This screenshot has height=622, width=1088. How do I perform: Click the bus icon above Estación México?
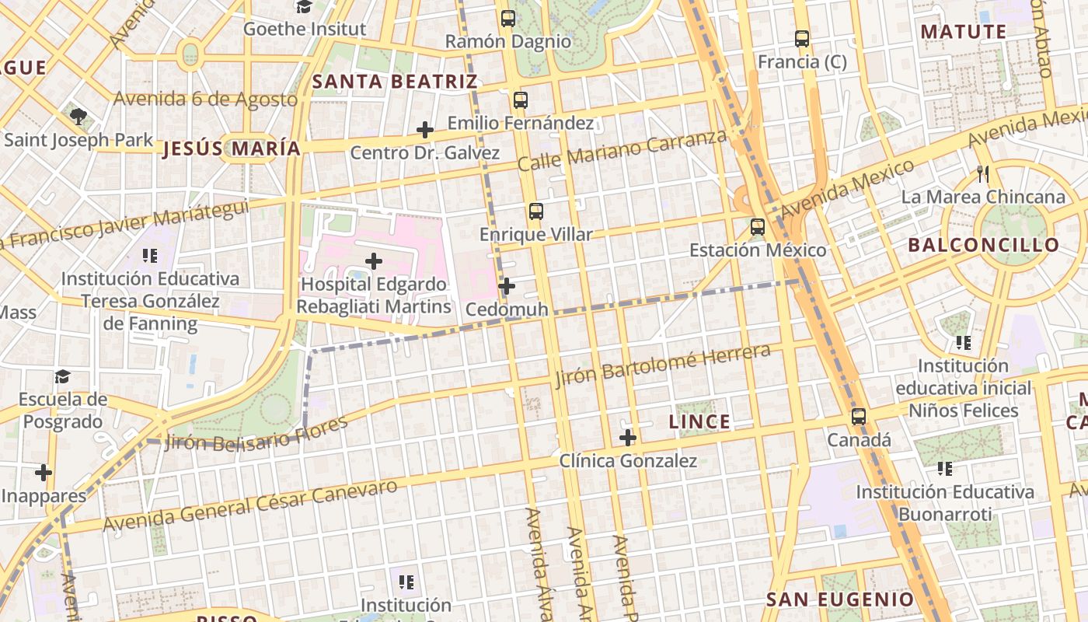[758, 227]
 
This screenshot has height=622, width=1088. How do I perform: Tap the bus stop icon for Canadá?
[859, 417]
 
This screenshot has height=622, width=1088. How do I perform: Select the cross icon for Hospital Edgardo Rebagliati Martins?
[374, 261]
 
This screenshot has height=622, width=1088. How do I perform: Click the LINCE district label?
[699, 422]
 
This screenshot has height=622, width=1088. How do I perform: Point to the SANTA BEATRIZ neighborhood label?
[394, 82]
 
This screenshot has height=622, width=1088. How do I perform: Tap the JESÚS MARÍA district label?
[231, 149]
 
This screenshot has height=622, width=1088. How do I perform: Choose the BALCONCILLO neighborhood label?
[984, 246]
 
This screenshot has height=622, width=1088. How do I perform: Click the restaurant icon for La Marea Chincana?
[983, 174]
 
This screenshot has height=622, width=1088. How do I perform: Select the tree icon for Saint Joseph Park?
[78, 117]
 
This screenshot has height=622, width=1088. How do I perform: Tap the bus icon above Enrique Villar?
[535, 211]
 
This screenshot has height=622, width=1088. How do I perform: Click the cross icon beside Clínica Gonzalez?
[628, 438]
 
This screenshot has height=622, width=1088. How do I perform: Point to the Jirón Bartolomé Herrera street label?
[663, 365]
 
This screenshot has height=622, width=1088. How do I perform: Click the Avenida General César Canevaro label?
[249, 505]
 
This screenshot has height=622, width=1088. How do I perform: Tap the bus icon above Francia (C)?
[802, 38]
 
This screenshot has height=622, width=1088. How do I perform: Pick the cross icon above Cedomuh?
[507, 286]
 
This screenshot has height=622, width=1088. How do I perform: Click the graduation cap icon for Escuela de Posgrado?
[62, 377]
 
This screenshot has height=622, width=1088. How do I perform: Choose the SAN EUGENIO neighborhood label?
[840, 599]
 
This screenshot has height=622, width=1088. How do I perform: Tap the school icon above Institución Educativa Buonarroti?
[945, 469]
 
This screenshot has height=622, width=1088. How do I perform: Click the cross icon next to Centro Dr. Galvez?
[425, 130]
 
